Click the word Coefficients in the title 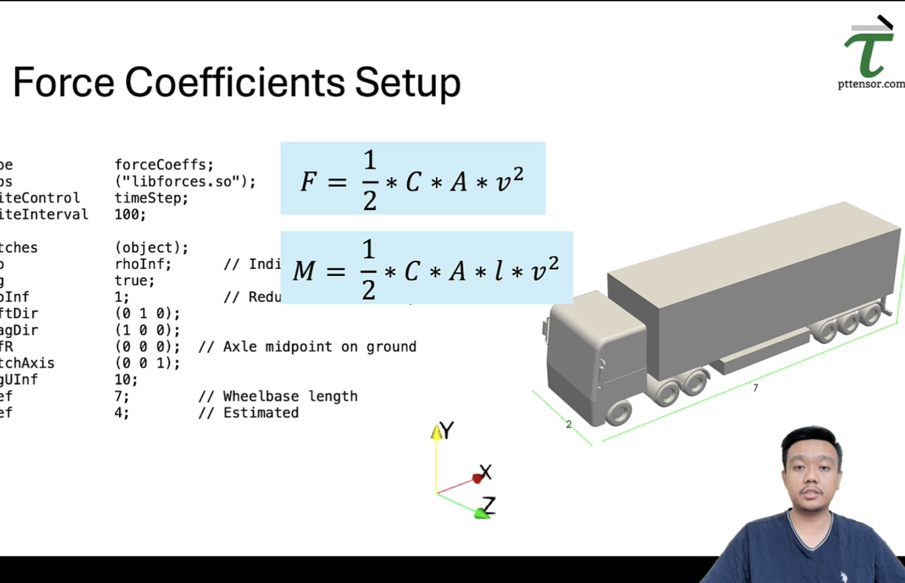coord(235,82)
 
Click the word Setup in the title coord(407,84)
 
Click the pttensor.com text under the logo coord(871,84)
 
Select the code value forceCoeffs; coord(164,165)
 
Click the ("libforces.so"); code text coord(185,181)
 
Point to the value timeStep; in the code coord(151,198)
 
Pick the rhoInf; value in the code coord(143,264)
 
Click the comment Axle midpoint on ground coord(319,347)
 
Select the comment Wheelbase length coord(290,396)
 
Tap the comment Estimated coord(261,413)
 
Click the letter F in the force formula coord(308,182)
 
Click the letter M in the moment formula coord(304,271)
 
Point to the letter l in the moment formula coord(498,270)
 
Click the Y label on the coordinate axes coord(447,430)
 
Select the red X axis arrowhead coord(478,479)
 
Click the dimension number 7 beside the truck coord(755,388)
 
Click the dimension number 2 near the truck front coord(569,424)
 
